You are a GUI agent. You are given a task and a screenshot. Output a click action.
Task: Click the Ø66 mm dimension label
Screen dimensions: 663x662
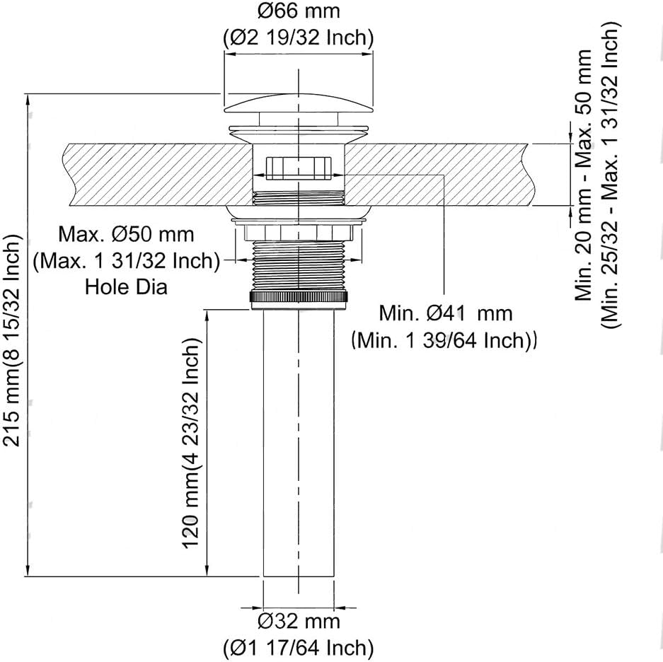tap(299, 11)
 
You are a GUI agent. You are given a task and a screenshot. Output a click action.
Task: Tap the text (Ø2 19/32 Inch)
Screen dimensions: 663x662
tap(299, 38)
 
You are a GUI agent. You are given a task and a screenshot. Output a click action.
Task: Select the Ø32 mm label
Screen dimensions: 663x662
tap(299, 621)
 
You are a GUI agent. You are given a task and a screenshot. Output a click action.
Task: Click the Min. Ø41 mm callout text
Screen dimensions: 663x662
tap(445, 313)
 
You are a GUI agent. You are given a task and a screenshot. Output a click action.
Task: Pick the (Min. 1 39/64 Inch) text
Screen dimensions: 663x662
tap(444, 340)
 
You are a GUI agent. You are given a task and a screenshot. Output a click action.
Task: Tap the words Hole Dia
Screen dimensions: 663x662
tap(126, 286)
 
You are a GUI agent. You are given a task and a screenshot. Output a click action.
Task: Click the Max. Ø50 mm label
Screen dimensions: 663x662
tap(126, 234)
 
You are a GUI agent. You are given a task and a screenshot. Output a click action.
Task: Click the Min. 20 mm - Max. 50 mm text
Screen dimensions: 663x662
tap(583, 175)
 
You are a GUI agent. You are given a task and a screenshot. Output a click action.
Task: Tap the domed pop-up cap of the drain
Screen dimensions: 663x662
tap(299, 103)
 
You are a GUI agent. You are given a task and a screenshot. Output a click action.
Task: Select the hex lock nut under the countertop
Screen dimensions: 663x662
tap(299, 232)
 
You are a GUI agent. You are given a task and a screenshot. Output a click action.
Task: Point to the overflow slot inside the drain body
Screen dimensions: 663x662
tap(299, 168)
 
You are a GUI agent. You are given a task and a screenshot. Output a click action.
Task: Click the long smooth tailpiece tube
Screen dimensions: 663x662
tap(299, 443)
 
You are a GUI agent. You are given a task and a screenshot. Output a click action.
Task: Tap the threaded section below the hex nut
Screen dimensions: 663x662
tap(299, 265)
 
